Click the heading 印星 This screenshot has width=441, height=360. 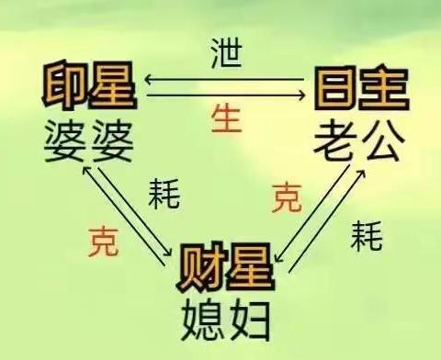88,86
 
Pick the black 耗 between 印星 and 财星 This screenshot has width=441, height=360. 164,195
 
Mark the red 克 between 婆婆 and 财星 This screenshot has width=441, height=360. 103,241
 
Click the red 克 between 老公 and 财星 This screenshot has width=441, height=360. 287,198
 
